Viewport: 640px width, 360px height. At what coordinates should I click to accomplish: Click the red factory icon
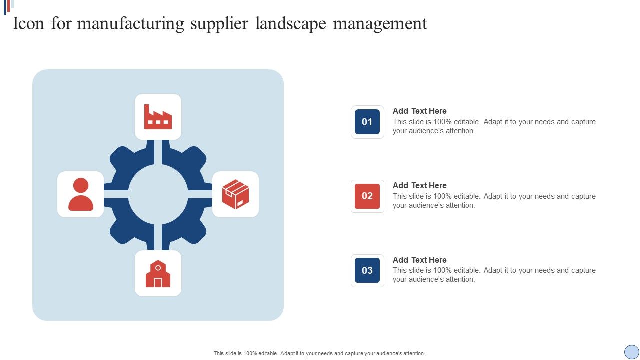[158, 117]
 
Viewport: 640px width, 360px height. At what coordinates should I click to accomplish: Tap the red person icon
[81, 194]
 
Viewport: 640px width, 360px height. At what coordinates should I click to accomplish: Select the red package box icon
[235, 194]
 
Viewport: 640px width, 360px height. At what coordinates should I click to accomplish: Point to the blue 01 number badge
[367, 122]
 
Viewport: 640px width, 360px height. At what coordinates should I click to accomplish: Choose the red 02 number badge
[367, 196]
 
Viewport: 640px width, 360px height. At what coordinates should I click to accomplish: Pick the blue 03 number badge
[367, 270]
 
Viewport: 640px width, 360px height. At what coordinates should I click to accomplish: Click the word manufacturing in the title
[131, 24]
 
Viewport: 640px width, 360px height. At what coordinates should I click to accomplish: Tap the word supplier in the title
[219, 24]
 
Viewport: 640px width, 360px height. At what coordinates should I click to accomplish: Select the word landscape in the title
[291, 24]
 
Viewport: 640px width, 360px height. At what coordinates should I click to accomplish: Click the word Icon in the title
[28, 23]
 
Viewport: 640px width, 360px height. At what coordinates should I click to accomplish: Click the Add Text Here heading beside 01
[419, 111]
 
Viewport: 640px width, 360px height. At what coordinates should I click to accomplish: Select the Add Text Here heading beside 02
[419, 185]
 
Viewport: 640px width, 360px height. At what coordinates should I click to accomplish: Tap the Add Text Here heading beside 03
[419, 260]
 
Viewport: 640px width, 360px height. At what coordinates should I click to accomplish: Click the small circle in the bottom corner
[631, 352]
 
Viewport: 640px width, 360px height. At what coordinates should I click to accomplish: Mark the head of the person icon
[81, 185]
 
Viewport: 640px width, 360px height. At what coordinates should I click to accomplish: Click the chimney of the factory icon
[147, 110]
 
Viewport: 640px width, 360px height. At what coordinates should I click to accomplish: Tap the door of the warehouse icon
[158, 283]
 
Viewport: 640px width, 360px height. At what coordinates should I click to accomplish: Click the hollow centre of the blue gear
[158, 195]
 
